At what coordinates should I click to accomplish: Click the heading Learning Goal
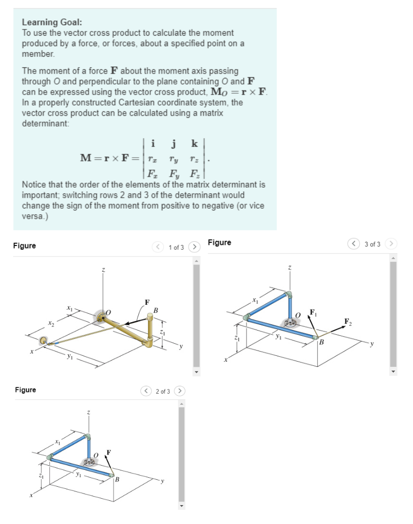pyautogui.click(x=52, y=23)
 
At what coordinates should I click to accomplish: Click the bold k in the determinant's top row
pyautogui.click(x=194, y=143)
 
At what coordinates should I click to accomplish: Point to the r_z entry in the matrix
pyautogui.click(x=194, y=158)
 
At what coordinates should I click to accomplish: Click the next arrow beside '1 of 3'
pyautogui.click(x=194, y=246)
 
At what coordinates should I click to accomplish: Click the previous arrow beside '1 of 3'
pyautogui.click(x=157, y=246)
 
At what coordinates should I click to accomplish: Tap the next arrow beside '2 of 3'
pyautogui.click(x=180, y=391)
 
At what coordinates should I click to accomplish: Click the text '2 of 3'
pyautogui.click(x=163, y=391)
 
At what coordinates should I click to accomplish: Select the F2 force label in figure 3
pyautogui.click(x=347, y=321)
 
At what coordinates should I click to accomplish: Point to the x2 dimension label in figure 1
pyautogui.click(x=51, y=324)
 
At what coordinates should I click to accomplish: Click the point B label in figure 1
pyautogui.click(x=156, y=310)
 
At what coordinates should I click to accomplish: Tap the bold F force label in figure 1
pyautogui.click(x=147, y=302)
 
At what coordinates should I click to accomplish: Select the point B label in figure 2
pyautogui.click(x=117, y=479)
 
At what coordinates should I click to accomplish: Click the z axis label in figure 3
pyautogui.click(x=289, y=268)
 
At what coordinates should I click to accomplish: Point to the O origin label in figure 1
pyautogui.click(x=109, y=312)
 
